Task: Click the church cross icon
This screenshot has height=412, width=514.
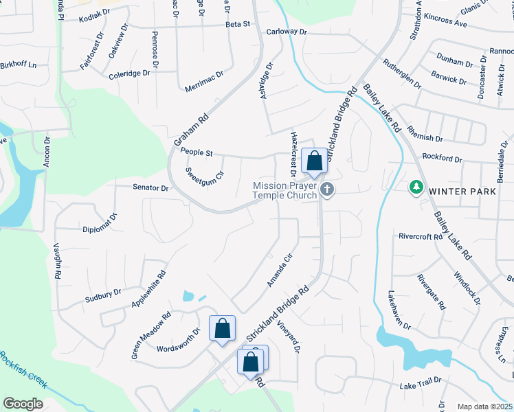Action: click(328, 190)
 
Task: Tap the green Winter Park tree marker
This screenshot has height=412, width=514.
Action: click(416, 187)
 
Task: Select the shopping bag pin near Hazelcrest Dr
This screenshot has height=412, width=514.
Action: click(314, 162)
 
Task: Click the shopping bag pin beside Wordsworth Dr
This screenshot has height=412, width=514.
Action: click(222, 329)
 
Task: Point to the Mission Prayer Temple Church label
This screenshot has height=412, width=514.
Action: click(284, 190)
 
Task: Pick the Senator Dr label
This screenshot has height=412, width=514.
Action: click(150, 187)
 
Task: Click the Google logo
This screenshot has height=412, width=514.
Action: click(23, 404)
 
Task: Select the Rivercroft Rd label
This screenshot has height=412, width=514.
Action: click(420, 237)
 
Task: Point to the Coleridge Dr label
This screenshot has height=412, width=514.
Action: click(128, 73)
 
